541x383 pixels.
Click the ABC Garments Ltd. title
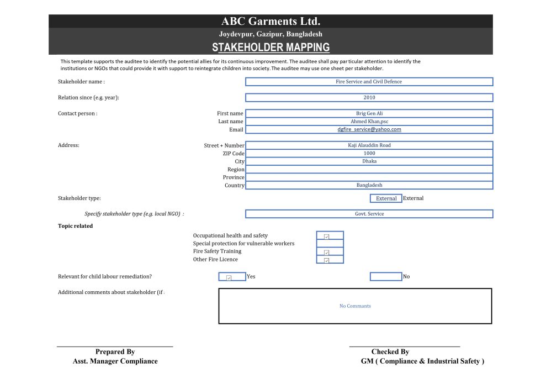click(270, 22)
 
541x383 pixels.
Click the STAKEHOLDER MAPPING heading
click(270, 48)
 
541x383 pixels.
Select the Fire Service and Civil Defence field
click(369, 82)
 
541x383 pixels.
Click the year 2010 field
click(369, 98)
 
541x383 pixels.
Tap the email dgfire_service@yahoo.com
click(369, 129)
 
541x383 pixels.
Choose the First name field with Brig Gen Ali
click(369, 113)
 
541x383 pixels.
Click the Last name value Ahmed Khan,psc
click(369, 122)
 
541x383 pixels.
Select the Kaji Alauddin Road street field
click(369, 145)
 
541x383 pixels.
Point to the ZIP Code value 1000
click(369, 154)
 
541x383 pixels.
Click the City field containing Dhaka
click(369, 161)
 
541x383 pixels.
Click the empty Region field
click(369, 170)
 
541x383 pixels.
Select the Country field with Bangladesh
click(369, 185)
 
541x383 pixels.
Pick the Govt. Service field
click(369, 214)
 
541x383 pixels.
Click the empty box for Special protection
click(330, 244)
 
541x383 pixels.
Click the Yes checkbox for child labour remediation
click(229, 277)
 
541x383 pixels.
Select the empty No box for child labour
click(386, 277)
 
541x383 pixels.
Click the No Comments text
click(355, 306)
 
